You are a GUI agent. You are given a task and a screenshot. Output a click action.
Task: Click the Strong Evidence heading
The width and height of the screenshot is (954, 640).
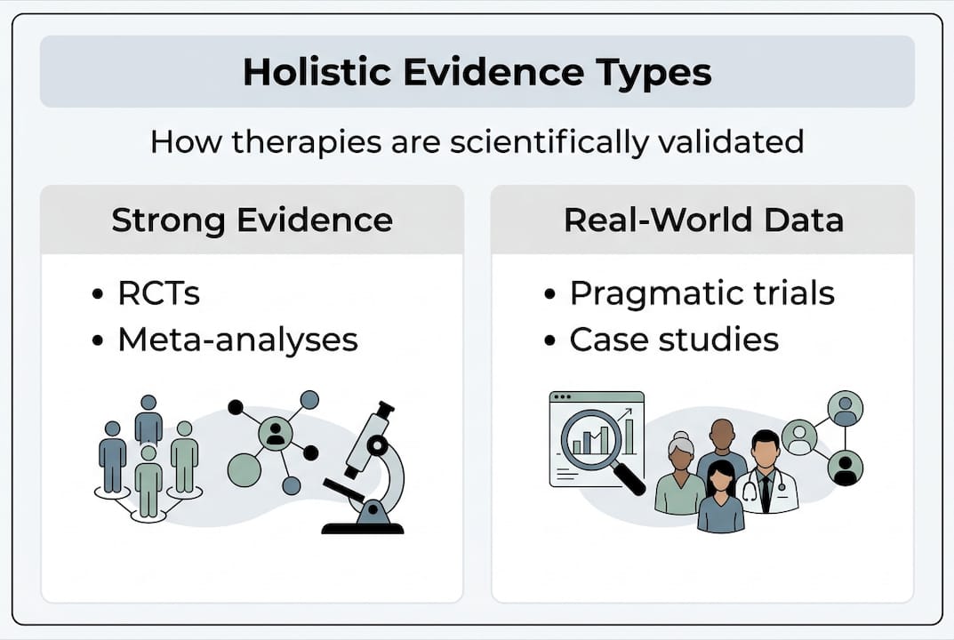click(x=252, y=220)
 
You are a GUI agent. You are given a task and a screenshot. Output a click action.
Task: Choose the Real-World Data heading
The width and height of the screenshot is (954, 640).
click(x=703, y=220)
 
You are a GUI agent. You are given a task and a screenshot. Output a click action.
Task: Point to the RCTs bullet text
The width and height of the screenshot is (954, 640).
click(x=159, y=293)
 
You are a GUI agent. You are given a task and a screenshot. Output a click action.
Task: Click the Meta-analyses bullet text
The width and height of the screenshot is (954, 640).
click(x=238, y=340)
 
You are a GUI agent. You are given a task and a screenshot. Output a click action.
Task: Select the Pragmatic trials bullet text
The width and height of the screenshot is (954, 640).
click(x=702, y=294)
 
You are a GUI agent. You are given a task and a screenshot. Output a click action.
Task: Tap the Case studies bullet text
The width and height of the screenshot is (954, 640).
click(x=674, y=340)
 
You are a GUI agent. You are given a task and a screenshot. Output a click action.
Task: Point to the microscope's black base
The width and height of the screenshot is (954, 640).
click(x=363, y=527)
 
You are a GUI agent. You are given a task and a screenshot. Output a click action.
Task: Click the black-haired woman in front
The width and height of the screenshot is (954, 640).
click(x=721, y=496)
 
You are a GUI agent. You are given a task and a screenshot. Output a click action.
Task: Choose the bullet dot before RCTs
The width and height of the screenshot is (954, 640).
click(x=98, y=294)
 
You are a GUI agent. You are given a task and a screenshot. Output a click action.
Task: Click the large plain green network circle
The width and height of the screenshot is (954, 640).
click(x=244, y=469)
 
